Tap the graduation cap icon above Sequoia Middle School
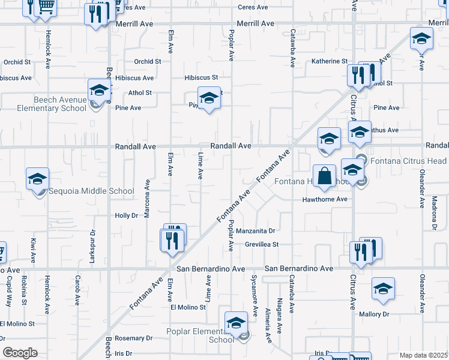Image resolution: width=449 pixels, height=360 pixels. [37, 179]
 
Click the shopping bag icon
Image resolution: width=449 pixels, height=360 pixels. [324, 176]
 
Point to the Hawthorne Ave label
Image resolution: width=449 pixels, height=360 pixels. [325, 199]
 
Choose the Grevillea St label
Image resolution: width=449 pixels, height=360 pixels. [262, 245]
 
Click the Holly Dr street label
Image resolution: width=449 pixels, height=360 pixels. [127, 215]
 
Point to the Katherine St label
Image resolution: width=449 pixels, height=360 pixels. [330, 61]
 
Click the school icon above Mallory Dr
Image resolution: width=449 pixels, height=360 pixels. [383, 289]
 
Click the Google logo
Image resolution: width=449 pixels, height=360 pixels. [20, 353]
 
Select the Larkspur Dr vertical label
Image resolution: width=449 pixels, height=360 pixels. [93, 244]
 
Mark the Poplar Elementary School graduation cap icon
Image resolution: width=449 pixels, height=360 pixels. [237, 323]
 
